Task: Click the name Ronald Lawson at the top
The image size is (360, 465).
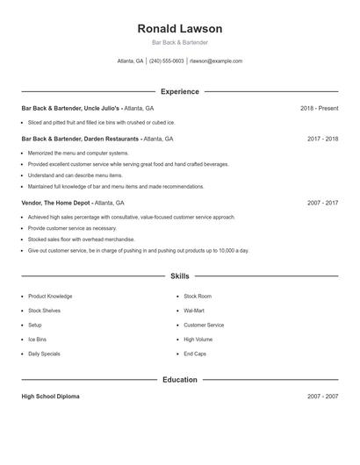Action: (x=179, y=28)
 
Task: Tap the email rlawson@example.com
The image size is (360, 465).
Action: (x=215, y=61)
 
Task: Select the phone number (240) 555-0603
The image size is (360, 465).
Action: (x=167, y=61)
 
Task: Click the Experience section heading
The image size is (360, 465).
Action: (x=179, y=91)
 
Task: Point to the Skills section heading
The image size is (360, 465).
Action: (x=179, y=276)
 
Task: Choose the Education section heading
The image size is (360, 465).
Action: (x=179, y=380)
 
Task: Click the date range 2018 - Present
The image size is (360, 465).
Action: (x=319, y=108)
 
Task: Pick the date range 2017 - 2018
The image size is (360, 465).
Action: (x=322, y=139)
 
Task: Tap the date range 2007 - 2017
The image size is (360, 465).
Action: (x=322, y=203)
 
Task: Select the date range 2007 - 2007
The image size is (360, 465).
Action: (x=322, y=397)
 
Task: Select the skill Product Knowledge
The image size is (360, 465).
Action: (x=50, y=297)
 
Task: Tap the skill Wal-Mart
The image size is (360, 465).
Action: (x=194, y=311)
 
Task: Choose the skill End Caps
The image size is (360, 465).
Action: (x=194, y=354)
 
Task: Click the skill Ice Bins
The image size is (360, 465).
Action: (x=38, y=340)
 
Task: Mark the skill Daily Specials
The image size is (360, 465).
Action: (x=44, y=354)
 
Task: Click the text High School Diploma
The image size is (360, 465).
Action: (x=50, y=397)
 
